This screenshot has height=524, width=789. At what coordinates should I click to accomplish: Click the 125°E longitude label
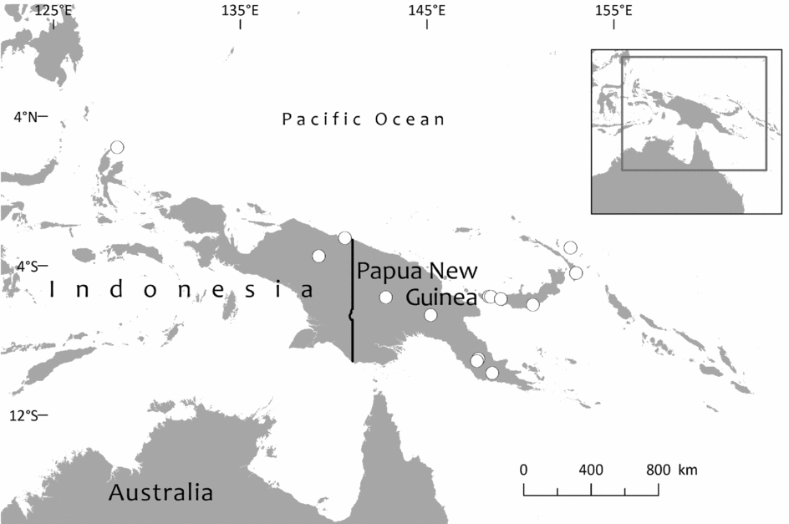click(x=52, y=10)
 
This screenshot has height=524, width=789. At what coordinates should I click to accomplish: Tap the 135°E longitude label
click(x=240, y=10)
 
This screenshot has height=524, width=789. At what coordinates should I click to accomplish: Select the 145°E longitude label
click(x=426, y=10)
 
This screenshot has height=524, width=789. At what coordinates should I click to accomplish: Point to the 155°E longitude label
click(x=613, y=10)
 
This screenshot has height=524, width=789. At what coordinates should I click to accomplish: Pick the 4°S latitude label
click(x=25, y=267)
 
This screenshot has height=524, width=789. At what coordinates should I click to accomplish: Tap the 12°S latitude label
click(x=23, y=415)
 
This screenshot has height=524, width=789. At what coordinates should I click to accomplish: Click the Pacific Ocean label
click(x=364, y=120)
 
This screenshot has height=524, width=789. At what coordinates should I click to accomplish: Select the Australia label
click(x=160, y=491)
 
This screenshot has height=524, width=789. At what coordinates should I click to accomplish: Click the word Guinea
click(x=441, y=298)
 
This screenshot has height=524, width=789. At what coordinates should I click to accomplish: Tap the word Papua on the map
click(x=390, y=271)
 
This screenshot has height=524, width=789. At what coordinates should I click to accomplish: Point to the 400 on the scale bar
click(x=591, y=469)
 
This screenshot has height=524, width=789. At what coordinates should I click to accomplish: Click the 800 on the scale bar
click(x=658, y=469)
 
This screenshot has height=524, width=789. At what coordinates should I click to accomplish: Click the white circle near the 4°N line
click(x=117, y=147)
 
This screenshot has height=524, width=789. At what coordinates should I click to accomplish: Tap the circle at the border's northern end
click(x=344, y=238)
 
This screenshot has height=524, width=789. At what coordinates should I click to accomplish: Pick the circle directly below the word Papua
click(x=385, y=297)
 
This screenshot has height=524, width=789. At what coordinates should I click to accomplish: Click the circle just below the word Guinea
click(x=430, y=315)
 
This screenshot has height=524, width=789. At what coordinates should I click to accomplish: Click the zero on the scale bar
click(x=524, y=469)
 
